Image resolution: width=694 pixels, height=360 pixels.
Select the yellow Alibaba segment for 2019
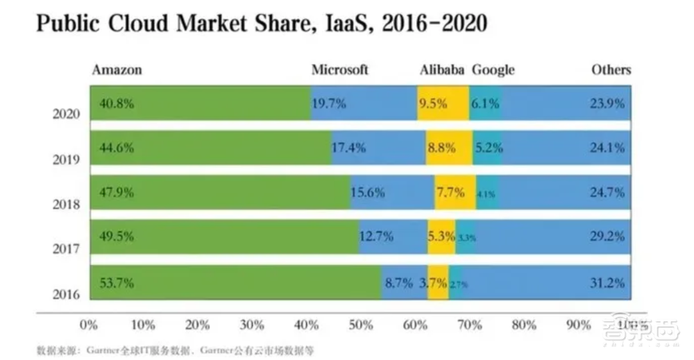click(x=448, y=148)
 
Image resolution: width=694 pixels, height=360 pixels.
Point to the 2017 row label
click(x=67, y=249)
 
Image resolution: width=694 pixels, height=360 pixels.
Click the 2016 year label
click(x=67, y=294)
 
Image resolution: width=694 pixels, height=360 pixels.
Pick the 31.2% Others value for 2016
click(x=608, y=282)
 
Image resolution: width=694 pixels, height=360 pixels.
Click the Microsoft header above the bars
click(x=339, y=70)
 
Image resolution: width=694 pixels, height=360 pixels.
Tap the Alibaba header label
click(x=443, y=70)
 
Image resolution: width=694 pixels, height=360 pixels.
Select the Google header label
click(x=493, y=70)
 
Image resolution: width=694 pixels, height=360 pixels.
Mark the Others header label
click(x=611, y=70)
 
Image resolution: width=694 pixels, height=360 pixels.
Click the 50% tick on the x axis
click(x=361, y=325)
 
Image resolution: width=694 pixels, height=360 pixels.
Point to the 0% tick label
click(x=89, y=325)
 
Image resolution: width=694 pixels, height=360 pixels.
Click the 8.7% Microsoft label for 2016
click(x=398, y=282)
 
